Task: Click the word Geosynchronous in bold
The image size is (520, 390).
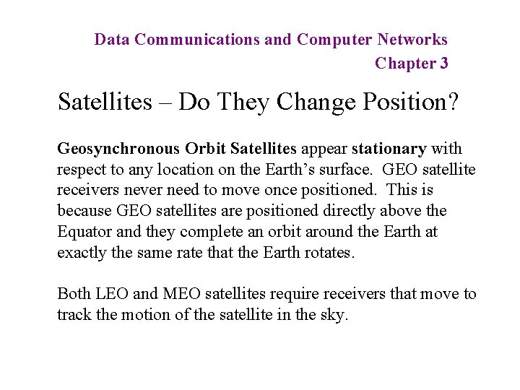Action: [118, 149]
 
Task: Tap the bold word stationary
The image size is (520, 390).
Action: [389, 149]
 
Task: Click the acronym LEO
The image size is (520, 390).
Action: [110, 294]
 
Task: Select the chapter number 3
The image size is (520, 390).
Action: [443, 64]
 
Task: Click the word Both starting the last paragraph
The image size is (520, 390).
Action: [74, 294]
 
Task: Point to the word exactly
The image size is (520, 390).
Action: [81, 253]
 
